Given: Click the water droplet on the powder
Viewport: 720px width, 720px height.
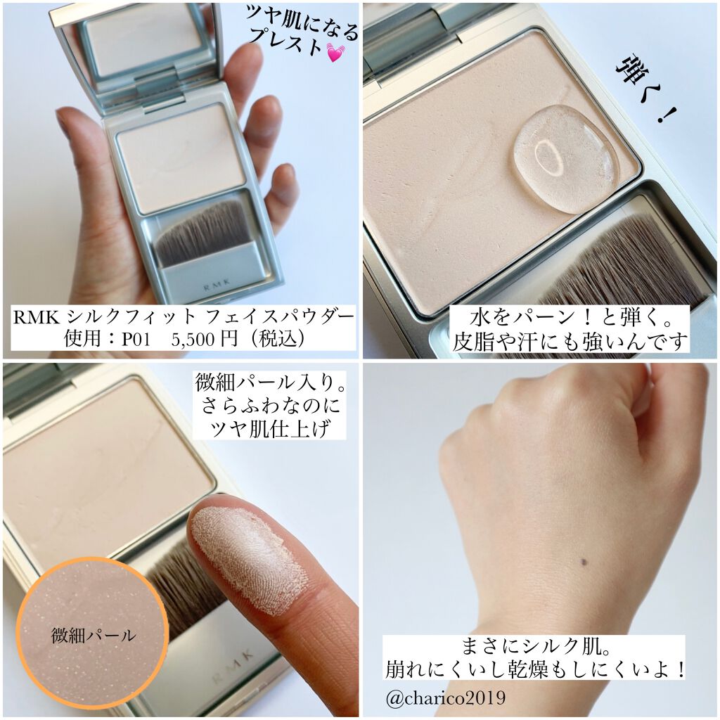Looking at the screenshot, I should pyautogui.click(x=564, y=158).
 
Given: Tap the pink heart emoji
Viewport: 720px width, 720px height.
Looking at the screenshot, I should pyautogui.click(x=335, y=52).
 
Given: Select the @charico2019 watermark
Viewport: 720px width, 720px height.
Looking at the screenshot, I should pyautogui.click(x=444, y=699).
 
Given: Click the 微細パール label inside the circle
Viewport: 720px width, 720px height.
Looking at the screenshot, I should pyautogui.click(x=93, y=636).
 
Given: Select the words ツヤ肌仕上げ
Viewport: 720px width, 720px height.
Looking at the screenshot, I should pyautogui.click(x=269, y=429).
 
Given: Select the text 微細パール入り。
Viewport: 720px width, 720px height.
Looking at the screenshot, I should pyautogui.click(x=269, y=384).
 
